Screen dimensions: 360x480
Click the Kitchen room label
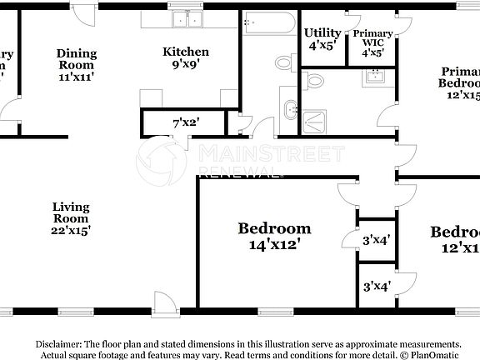[180, 52]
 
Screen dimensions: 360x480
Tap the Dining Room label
[76, 53]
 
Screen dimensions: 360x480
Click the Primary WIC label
[372, 33]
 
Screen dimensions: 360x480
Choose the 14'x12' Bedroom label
[274, 228]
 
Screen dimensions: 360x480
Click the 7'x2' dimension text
[186, 123]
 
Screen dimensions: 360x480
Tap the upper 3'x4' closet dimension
[377, 240]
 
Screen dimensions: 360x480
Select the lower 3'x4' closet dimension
[377, 287]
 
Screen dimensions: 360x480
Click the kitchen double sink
[182, 20]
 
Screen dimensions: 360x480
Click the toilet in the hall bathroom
[282, 62]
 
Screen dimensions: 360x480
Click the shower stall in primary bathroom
[314, 123]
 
